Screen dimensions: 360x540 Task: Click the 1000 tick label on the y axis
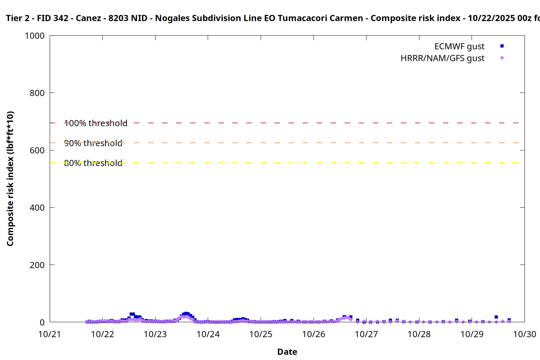click(35, 36)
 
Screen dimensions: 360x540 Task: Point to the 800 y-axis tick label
click(37, 93)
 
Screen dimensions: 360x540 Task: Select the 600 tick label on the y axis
click(37, 150)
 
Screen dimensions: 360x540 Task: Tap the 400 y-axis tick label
click(37, 208)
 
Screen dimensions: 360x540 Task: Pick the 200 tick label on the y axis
click(37, 265)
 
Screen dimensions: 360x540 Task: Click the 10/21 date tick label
click(50, 334)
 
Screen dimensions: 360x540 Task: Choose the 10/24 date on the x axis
click(208, 334)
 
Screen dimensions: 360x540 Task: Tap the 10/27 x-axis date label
click(366, 334)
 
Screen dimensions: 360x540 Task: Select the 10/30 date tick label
click(525, 334)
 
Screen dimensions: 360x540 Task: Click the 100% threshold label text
click(96, 123)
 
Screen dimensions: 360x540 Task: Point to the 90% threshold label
click(93, 143)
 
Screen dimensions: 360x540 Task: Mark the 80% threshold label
click(93, 163)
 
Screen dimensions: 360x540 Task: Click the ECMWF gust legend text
click(459, 46)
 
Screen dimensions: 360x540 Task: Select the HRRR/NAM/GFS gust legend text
click(442, 58)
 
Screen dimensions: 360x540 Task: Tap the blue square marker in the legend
click(502, 46)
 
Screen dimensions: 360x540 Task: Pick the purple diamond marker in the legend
click(502, 58)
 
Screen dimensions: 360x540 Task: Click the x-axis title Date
click(287, 352)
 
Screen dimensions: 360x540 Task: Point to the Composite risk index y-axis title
click(10, 179)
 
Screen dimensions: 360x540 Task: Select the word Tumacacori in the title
click(300, 18)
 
